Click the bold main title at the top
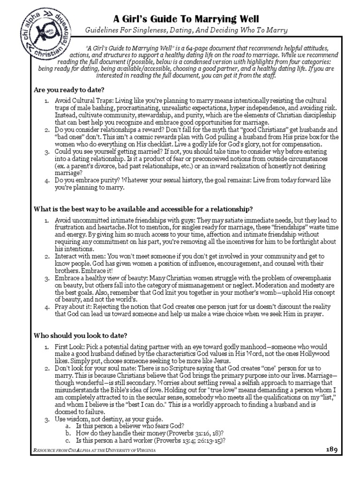186,18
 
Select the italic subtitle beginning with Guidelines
186,30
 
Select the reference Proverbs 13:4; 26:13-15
189,441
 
